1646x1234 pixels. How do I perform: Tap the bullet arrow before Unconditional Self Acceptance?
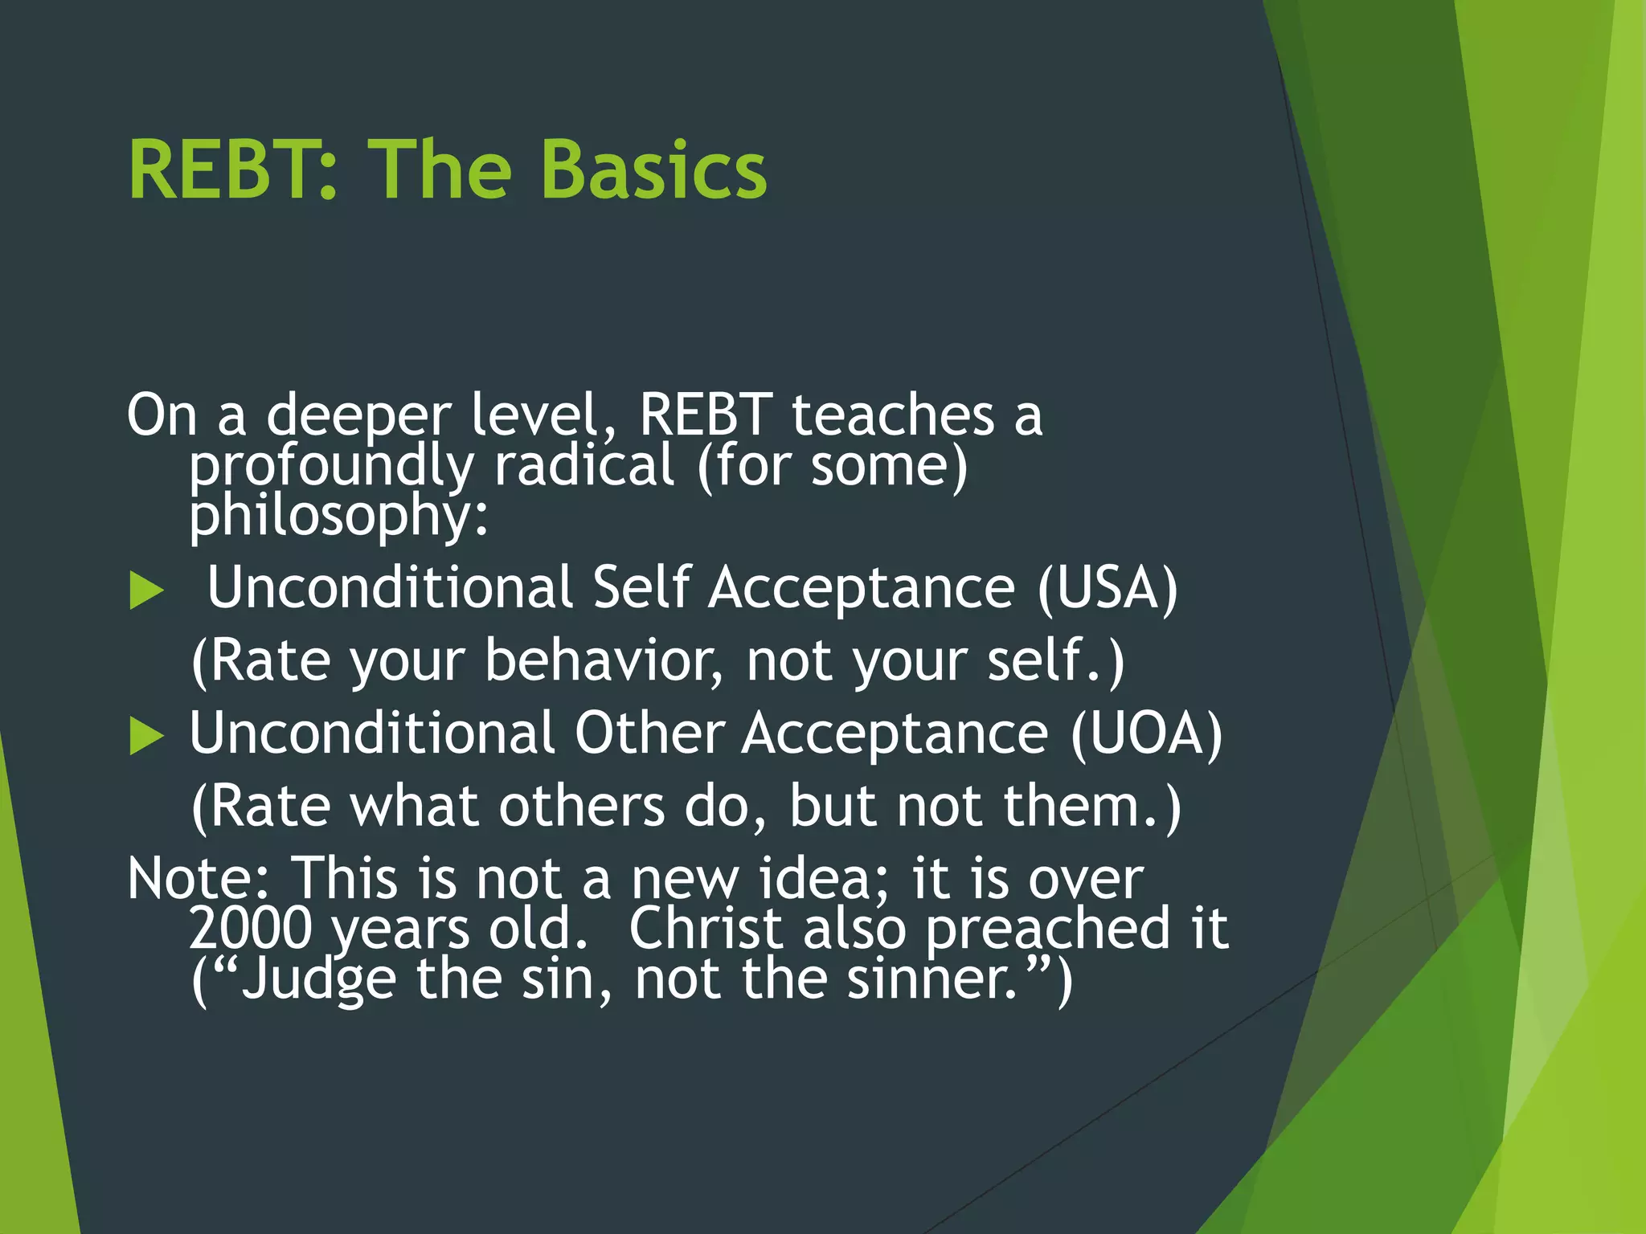point(146,591)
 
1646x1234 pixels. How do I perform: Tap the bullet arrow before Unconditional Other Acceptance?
point(146,736)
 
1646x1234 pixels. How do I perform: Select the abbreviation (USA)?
point(1107,588)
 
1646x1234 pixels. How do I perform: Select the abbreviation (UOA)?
point(1146,733)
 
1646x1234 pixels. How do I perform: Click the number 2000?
point(250,929)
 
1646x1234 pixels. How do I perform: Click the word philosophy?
point(338,516)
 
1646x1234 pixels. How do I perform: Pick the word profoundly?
point(331,467)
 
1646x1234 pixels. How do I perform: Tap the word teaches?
point(892,416)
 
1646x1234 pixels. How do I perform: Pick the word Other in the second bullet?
point(649,733)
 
